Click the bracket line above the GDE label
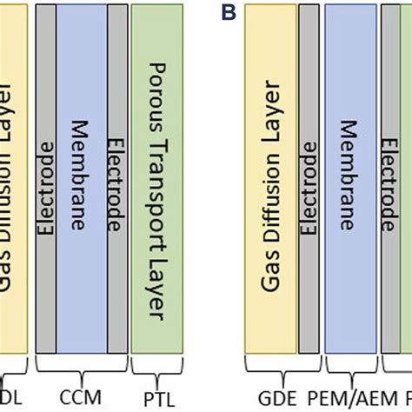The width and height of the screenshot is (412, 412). click(x=275, y=373)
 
